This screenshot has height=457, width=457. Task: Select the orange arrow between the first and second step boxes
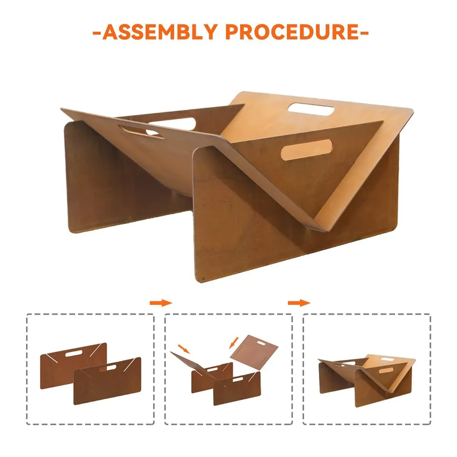pos(160,303)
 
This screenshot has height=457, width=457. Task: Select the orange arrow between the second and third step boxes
pos(298,303)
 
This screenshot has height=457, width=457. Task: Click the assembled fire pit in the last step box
pos(367,376)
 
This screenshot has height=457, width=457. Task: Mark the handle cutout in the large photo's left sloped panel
pos(142,132)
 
